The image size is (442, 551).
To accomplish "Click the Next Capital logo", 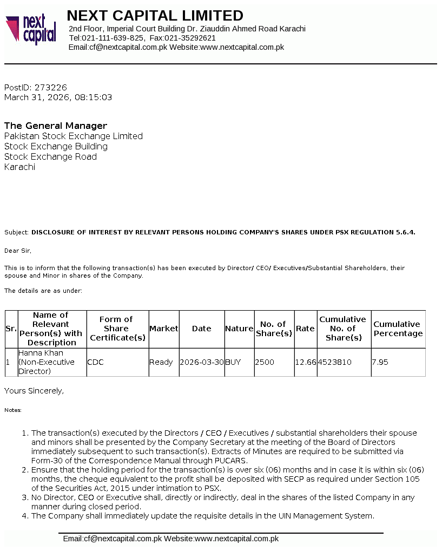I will tap(31, 29).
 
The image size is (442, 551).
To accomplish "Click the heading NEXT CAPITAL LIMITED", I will tap(155, 15).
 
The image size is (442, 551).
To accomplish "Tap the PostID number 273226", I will tap(50, 87).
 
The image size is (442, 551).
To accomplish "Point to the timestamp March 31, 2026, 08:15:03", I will tap(58, 97).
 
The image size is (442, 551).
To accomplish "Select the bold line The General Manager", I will tap(56, 126).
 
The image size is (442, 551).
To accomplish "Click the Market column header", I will tap(163, 329).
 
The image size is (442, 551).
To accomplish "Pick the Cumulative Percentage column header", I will tap(398, 329).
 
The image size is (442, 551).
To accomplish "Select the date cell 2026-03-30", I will tap(202, 362).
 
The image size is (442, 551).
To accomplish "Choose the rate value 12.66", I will tap(306, 362).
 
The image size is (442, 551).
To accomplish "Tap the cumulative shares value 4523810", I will tap(335, 362).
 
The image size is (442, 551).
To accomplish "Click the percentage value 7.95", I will tap(380, 362).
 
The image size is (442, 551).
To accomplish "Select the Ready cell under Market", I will tap(161, 362).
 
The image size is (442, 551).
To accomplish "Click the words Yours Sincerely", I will tap(34, 390).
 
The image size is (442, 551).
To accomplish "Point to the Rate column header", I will tap(305, 329).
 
